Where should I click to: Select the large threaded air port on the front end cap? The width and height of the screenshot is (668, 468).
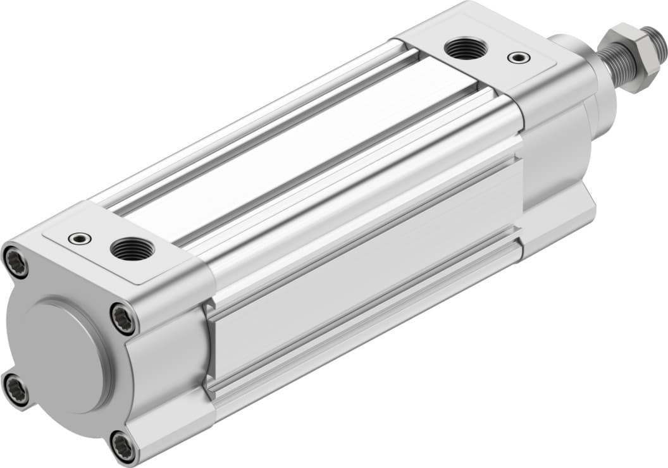pos(466,48)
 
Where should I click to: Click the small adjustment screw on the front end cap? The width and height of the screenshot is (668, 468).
pos(519,58)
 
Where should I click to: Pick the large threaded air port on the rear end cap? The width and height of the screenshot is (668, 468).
pos(132,250)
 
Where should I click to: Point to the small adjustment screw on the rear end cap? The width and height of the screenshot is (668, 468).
pos(80,238)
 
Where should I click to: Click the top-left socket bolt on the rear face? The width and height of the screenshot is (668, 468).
pos(16,261)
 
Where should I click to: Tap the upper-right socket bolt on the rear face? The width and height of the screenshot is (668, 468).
pos(123,318)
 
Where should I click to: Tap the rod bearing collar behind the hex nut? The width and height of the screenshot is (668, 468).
pos(582,63)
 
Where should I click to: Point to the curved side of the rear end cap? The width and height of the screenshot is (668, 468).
pos(168,367)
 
